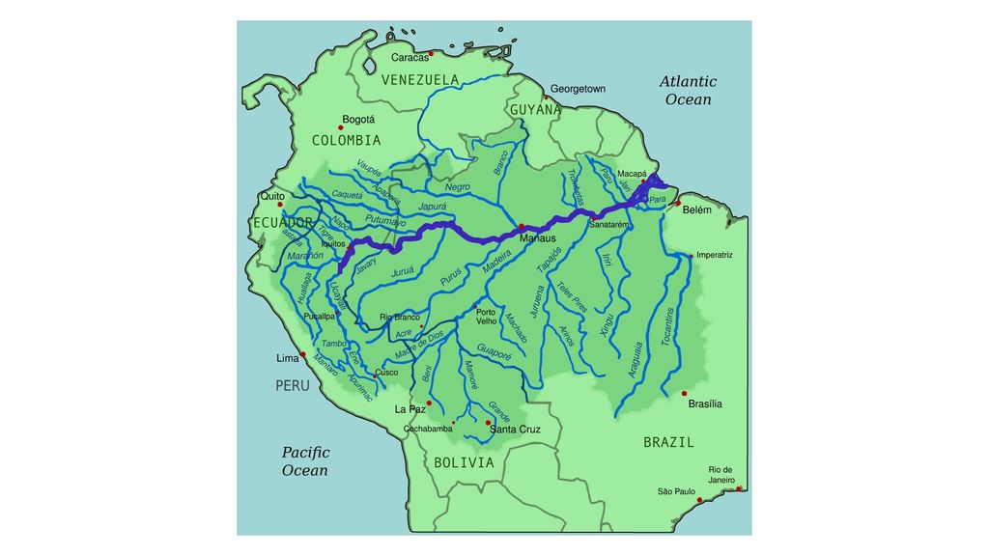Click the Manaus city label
pyautogui.click(x=538, y=237)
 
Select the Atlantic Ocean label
pyautogui.click(x=688, y=91)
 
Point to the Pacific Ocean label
pyautogui.click(x=305, y=461)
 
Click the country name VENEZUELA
pyautogui.click(x=420, y=79)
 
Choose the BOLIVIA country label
pyautogui.click(x=464, y=463)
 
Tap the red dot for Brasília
pyautogui.click(x=684, y=393)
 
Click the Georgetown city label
pyautogui.click(x=578, y=89)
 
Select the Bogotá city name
pyautogui.click(x=358, y=121)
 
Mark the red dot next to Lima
pyautogui.click(x=304, y=356)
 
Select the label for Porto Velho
pyautogui.click(x=486, y=317)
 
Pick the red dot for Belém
pyautogui.click(x=677, y=203)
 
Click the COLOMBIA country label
pyautogui.click(x=346, y=141)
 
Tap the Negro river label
pyautogui.click(x=458, y=186)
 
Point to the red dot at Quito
pyautogui.click(x=280, y=205)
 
